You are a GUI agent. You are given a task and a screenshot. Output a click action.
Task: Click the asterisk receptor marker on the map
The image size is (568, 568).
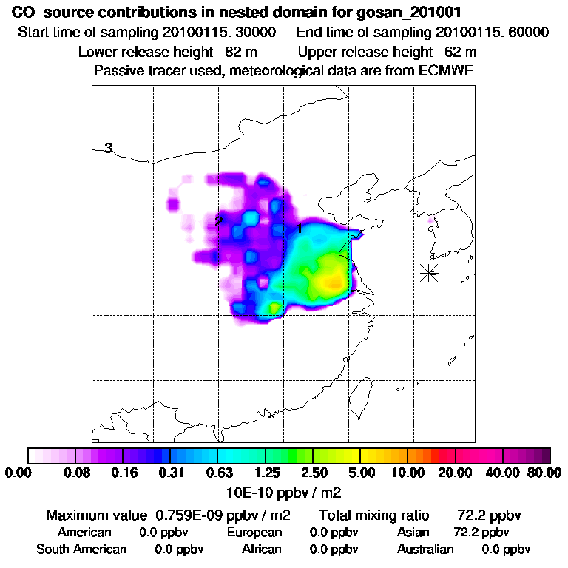pyautogui.click(x=429, y=272)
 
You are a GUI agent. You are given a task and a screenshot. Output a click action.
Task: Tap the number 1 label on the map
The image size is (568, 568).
pyautogui.click(x=299, y=229)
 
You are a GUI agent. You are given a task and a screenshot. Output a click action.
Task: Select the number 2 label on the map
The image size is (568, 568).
pyautogui.click(x=218, y=221)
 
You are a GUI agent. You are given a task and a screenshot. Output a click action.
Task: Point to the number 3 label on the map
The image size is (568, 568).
pyautogui.click(x=108, y=148)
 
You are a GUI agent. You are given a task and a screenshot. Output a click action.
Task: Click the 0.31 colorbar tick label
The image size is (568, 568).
pyautogui.click(x=170, y=473)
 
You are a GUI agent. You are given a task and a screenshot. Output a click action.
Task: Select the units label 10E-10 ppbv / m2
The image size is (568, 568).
pyautogui.click(x=284, y=491)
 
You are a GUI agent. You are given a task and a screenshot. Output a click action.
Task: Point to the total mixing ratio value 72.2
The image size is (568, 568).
pyautogui.click(x=471, y=515)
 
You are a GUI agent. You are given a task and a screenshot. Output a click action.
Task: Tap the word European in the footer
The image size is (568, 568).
pyautogui.click(x=254, y=532)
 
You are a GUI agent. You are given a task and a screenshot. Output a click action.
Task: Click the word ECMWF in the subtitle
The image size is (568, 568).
pyautogui.click(x=447, y=70)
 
